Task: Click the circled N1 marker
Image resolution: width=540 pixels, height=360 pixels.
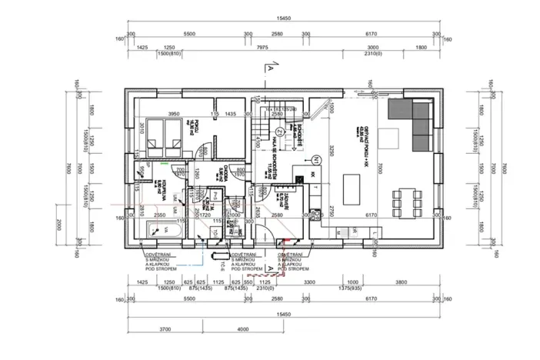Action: (316, 161)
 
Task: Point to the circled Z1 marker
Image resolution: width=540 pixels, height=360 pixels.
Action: (280, 132)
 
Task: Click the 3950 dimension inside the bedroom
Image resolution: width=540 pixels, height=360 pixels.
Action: (174, 114)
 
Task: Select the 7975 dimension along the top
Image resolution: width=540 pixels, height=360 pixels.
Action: (262, 48)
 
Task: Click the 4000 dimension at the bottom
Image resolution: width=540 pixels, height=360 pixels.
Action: (242, 329)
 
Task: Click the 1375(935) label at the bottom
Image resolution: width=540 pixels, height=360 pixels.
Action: (353, 290)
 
